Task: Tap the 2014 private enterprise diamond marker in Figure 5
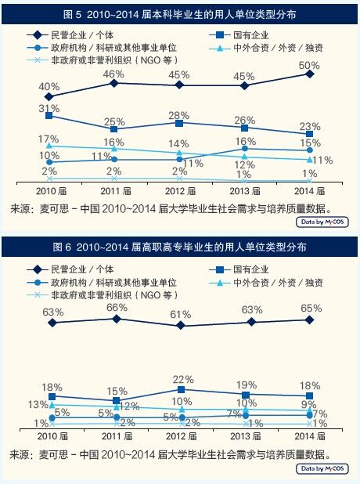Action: click(310, 74)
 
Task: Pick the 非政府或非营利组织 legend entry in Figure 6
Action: click(102, 294)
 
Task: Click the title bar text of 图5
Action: click(180, 14)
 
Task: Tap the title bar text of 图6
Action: click(180, 247)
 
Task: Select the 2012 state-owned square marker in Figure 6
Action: click(181, 389)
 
